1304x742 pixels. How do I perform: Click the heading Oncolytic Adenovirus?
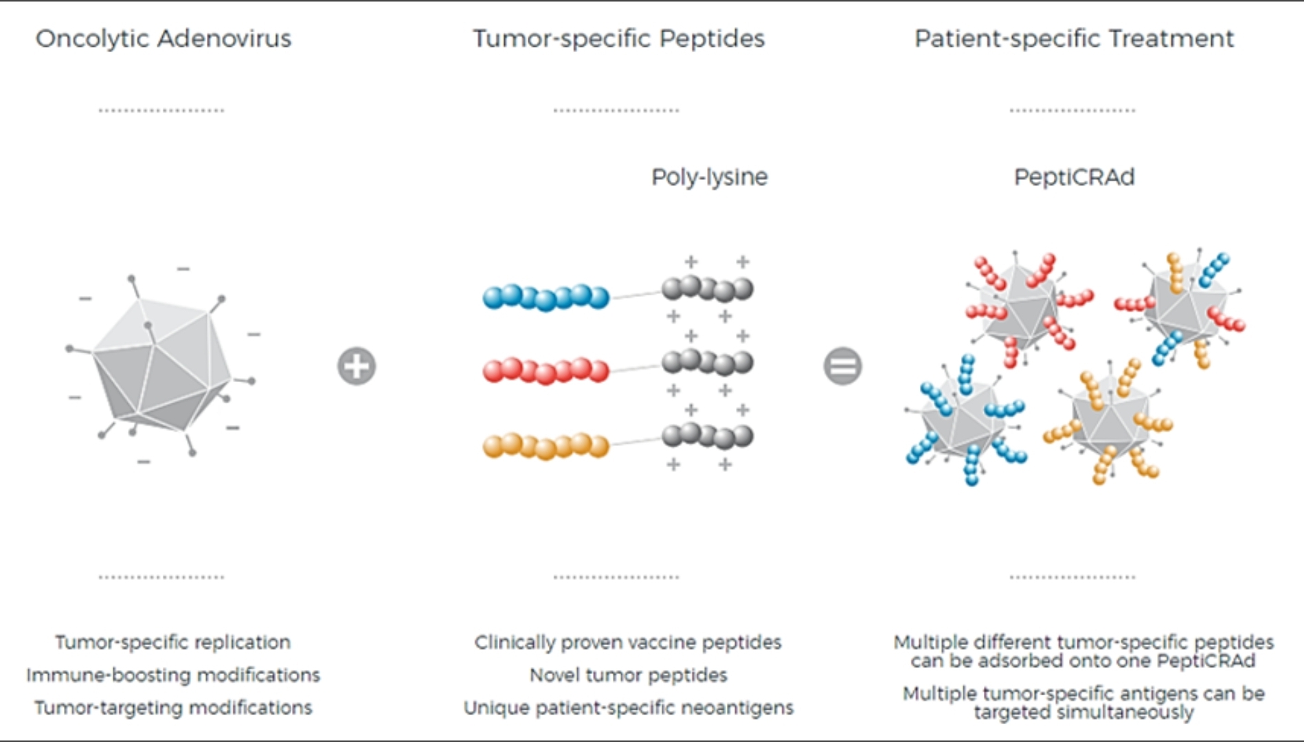coord(164,39)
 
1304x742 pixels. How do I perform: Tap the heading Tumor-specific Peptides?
coord(618,39)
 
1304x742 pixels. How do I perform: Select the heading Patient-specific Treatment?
coord(1074,39)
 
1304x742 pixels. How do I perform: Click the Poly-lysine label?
coord(709,177)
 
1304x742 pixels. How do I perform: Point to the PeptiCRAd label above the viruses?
coord(1074,177)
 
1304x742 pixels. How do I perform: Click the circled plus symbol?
coord(357,366)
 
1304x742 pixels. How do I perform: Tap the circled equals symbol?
coord(843,366)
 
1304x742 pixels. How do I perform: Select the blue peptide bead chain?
coord(546,297)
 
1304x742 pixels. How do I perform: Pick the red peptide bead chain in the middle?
coord(546,371)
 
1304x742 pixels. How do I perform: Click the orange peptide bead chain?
coord(546,446)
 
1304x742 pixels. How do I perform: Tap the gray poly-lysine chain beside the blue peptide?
coord(707,289)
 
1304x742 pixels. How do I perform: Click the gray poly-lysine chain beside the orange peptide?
coord(707,436)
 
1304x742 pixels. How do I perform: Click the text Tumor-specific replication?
coord(173,642)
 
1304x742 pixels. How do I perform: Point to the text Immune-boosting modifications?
coord(173,675)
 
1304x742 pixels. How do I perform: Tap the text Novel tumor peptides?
coord(628,675)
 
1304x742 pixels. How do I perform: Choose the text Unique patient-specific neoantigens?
coord(628,708)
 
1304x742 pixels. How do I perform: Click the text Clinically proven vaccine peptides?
coord(628,642)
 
